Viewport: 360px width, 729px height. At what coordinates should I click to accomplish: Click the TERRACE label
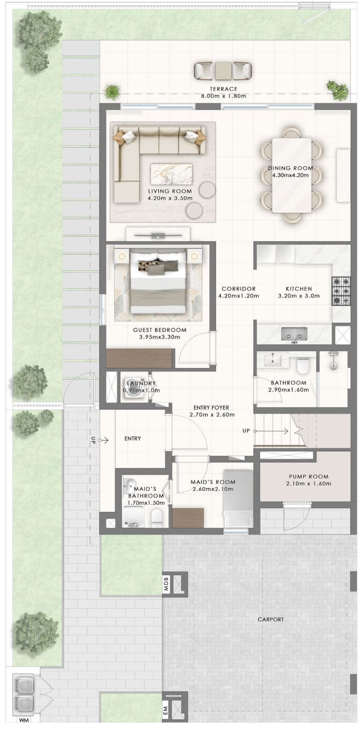click(223, 89)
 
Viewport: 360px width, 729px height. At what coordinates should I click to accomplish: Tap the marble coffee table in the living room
click(171, 174)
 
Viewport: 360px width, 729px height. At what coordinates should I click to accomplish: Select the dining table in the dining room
click(292, 175)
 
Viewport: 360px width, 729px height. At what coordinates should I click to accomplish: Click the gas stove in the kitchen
click(341, 291)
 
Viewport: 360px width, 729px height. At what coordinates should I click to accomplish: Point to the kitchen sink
click(294, 334)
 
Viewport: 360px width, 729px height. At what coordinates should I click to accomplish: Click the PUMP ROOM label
click(308, 476)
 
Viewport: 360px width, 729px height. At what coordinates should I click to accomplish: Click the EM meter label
click(165, 709)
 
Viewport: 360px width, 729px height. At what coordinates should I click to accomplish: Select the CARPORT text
click(271, 619)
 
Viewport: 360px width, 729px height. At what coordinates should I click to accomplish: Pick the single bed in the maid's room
click(238, 498)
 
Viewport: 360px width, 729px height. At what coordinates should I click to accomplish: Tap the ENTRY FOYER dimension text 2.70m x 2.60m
click(212, 415)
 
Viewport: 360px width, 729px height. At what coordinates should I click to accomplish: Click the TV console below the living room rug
click(158, 234)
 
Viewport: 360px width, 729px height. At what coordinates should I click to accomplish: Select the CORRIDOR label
click(239, 289)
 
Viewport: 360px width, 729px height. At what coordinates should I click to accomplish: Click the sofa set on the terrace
click(223, 71)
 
